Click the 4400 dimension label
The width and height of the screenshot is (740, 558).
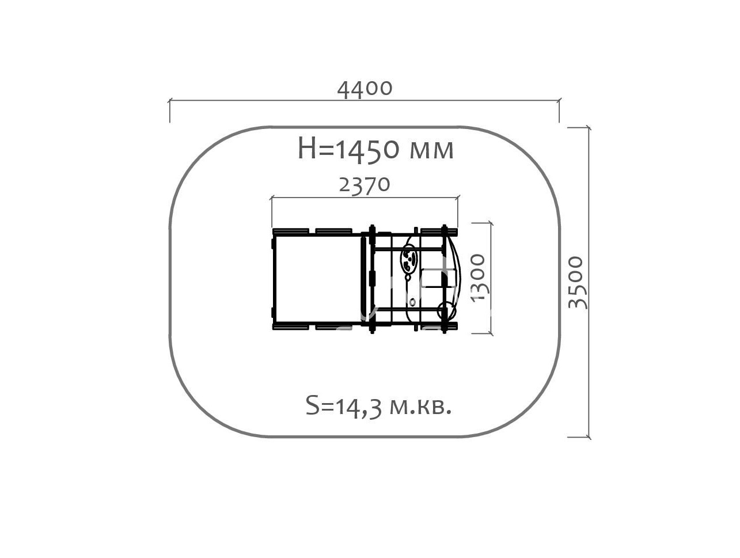point(365,89)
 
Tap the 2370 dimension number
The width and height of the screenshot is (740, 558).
point(365,185)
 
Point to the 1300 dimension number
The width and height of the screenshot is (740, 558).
point(478,278)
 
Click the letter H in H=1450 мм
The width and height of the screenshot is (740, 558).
point(307,149)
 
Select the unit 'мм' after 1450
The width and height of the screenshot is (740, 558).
point(431,151)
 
